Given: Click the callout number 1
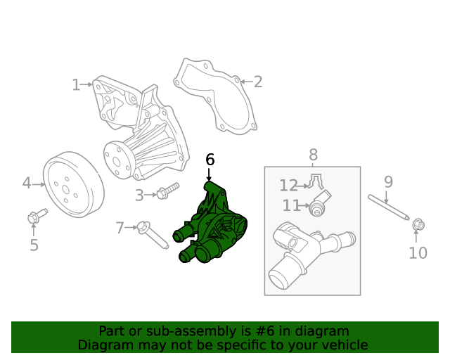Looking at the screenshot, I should click(76, 85).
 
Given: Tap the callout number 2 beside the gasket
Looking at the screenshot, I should click(258, 82).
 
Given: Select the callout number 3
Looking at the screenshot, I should click(139, 195).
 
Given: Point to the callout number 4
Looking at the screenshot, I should click(27, 184).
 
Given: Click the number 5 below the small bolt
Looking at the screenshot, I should click(34, 245).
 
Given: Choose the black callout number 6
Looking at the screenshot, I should click(210, 160).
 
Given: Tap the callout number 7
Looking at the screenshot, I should click(120, 228).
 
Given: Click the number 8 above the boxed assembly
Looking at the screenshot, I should click(313, 155).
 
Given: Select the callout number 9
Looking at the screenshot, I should click(388, 182).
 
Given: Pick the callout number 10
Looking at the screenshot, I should click(418, 253).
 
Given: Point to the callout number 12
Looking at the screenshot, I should click(288, 186).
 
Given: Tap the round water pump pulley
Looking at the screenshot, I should click(73, 184).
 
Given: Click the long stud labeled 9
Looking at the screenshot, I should click(389, 207).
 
